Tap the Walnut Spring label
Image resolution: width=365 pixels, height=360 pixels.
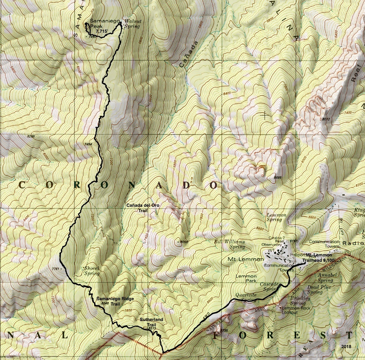[x=132, y=24]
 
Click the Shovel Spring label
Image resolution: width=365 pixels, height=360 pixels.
[x=92, y=270]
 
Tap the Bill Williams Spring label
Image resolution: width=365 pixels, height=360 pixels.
[x=230, y=244]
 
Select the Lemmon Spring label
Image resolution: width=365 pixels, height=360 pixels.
[x=276, y=217]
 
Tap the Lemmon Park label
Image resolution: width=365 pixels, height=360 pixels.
[x=246, y=278]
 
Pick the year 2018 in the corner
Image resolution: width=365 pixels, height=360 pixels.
[x=346, y=346]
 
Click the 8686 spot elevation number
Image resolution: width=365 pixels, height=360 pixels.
[x=277, y=178]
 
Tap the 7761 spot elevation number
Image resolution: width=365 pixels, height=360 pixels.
[x=55, y=269]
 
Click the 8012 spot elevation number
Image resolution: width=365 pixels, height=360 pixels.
[x=326, y=119]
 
